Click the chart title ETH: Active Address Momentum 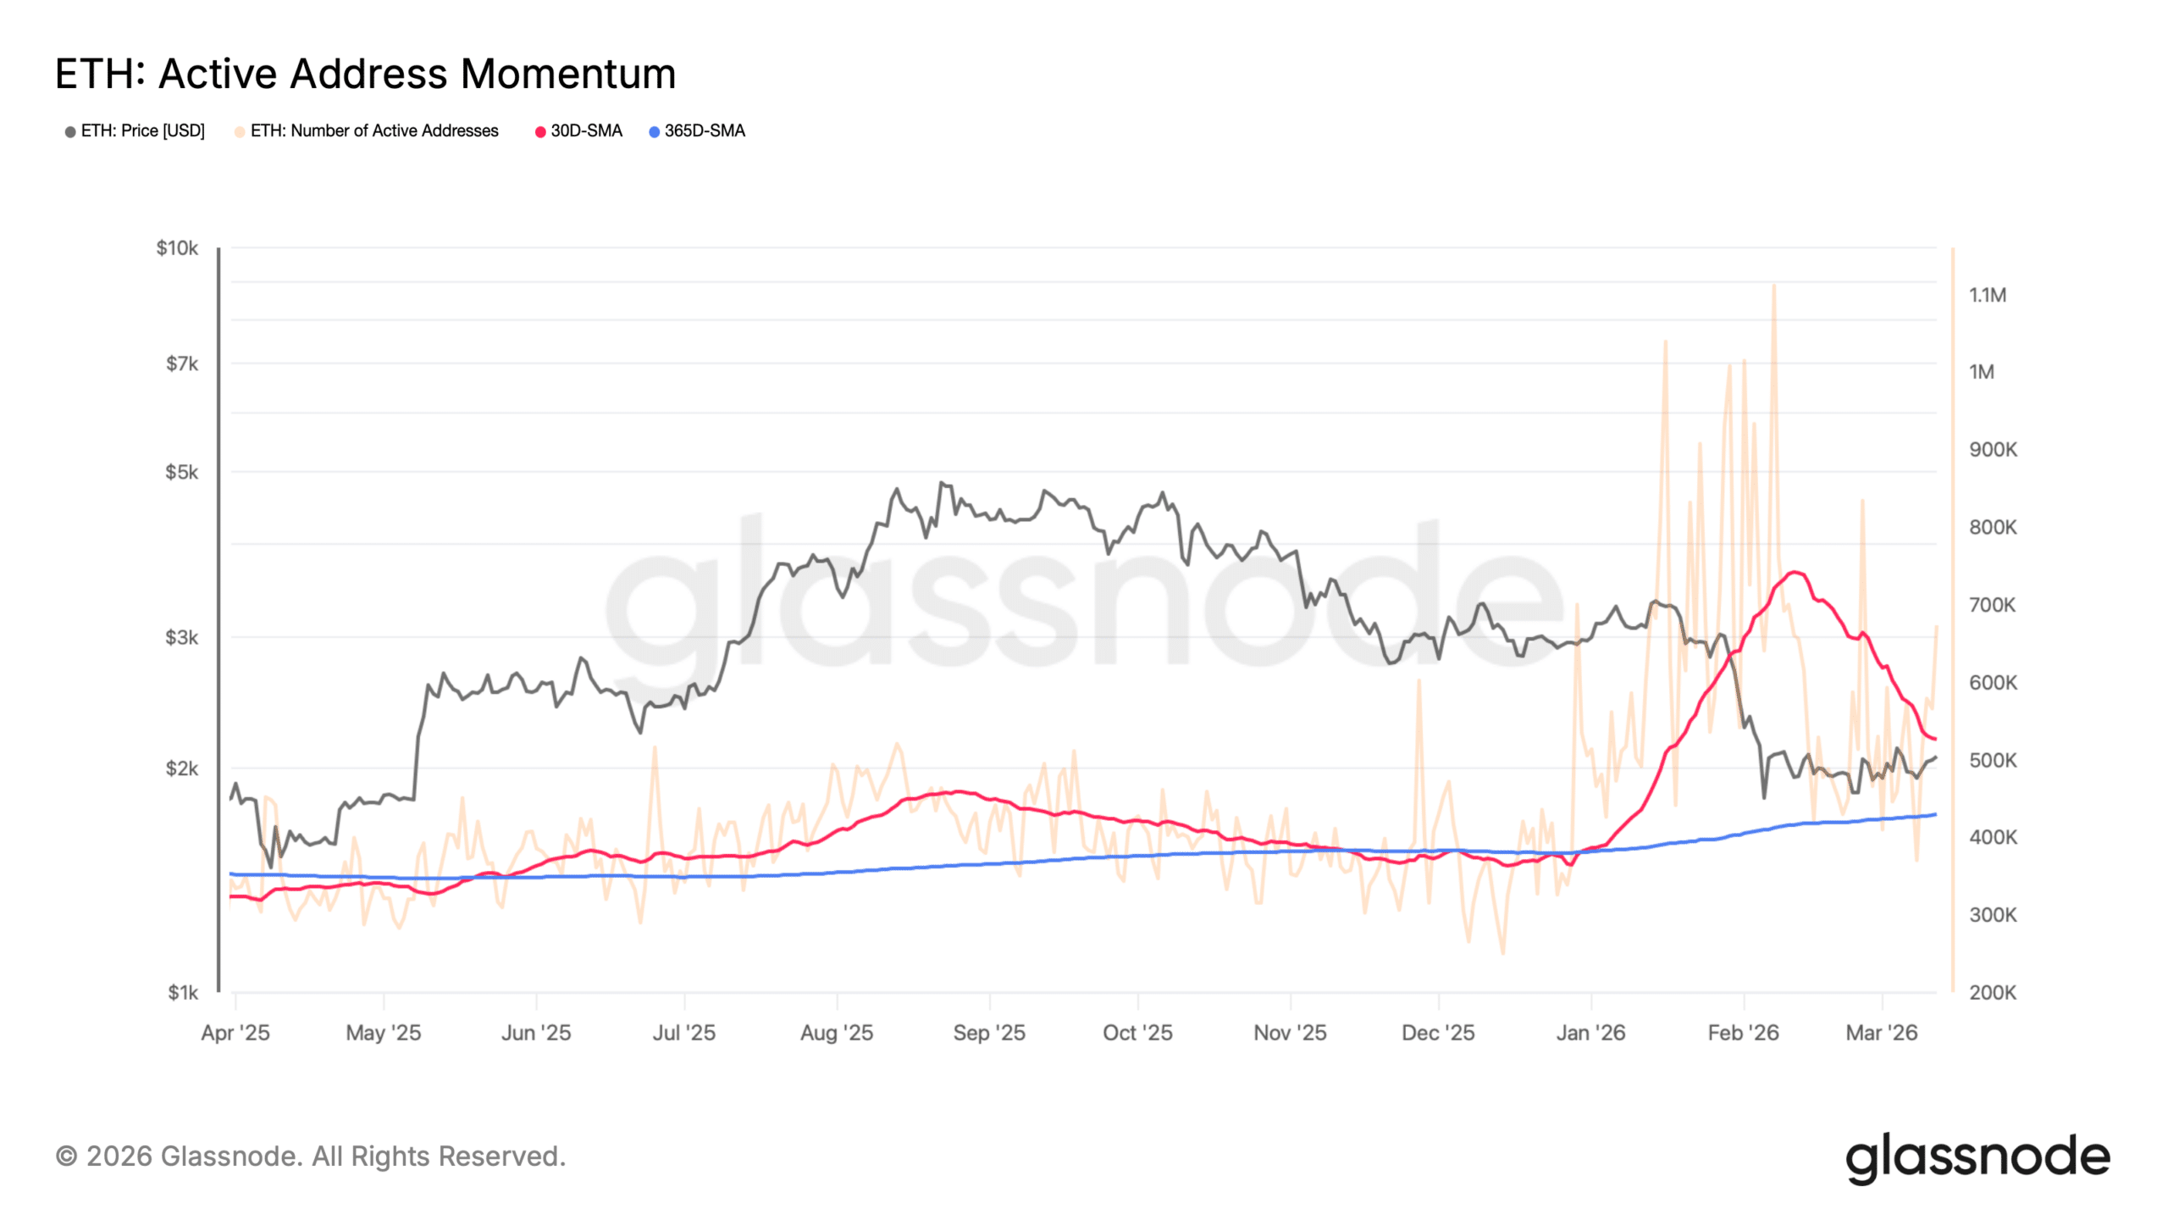(365, 74)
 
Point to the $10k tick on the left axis (177, 248)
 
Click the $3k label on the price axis (181, 637)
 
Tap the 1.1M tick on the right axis (1987, 296)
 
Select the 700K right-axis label (1992, 605)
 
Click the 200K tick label (1992, 992)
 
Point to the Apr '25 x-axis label (235, 1033)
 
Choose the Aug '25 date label (837, 1033)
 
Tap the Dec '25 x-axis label (1438, 1033)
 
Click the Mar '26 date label (1882, 1033)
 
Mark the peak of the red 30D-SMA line (1793, 573)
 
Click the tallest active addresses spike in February (1773, 286)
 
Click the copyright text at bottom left (310, 1156)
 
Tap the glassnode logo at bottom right (1977, 1158)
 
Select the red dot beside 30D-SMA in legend (540, 132)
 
